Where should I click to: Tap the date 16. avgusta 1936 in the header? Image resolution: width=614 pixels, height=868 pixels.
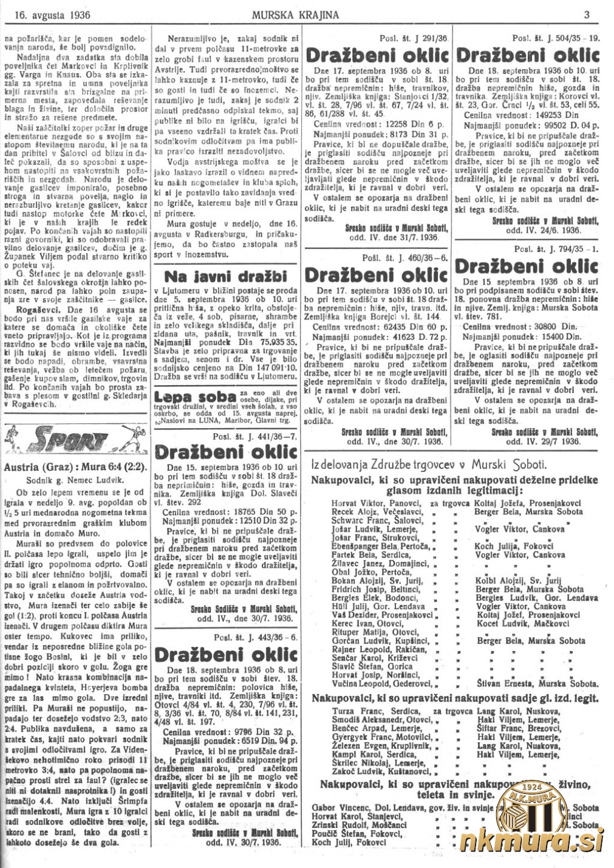point(47,13)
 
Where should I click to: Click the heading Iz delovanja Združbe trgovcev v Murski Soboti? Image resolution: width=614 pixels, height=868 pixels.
point(437,465)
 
